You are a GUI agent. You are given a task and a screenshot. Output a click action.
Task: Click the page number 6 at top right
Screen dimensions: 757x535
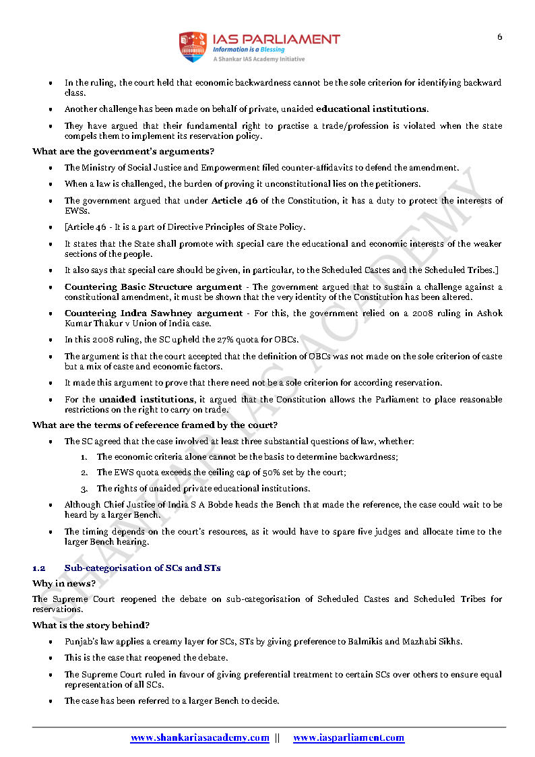pyautogui.click(x=499, y=37)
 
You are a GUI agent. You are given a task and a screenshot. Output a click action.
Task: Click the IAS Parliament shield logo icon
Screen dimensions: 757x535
pyautogui.click(x=192, y=47)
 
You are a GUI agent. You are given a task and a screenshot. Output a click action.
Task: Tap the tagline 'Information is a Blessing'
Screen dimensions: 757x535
pyautogui.click(x=249, y=50)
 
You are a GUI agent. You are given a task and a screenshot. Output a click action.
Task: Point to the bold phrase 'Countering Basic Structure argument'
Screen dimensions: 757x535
pyautogui.click(x=153, y=286)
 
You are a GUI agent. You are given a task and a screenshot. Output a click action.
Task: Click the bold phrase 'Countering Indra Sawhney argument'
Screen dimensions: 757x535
pyautogui.click(x=153, y=313)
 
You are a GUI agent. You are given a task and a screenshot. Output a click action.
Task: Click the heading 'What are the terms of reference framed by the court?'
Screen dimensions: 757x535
pyautogui.click(x=155, y=425)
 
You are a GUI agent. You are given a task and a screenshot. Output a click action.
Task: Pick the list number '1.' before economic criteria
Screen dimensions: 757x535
pyautogui.click(x=84, y=457)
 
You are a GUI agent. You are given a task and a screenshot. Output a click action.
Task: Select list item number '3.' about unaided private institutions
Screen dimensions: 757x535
pyautogui.click(x=84, y=488)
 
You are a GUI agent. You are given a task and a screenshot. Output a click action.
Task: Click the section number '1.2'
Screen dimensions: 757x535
pyautogui.click(x=39, y=568)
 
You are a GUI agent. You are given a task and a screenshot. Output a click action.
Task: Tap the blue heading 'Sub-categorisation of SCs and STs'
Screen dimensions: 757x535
pyautogui.click(x=142, y=568)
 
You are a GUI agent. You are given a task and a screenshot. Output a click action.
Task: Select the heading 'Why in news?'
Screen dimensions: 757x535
pyautogui.click(x=64, y=583)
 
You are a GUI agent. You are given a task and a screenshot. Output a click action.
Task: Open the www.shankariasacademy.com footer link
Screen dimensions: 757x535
pyautogui.click(x=199, y=738)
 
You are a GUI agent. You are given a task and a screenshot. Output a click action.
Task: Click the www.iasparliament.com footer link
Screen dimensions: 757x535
pyautogui.click(x=348, y=738)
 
